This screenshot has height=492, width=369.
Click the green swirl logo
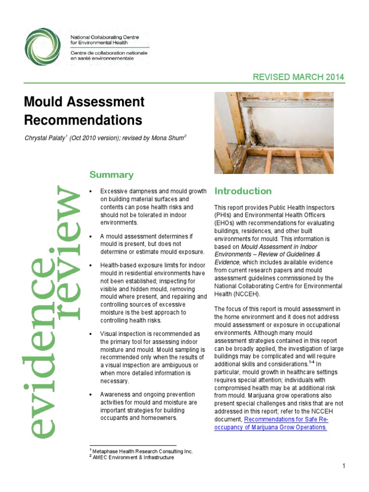44,47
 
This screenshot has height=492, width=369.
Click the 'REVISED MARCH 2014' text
298,77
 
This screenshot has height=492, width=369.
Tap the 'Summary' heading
111,175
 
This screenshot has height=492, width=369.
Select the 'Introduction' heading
243,191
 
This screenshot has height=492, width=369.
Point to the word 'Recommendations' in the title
83,119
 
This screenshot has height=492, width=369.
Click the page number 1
344,466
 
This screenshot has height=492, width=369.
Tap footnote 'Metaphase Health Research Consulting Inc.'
142,452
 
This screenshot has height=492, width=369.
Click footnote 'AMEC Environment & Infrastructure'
133,458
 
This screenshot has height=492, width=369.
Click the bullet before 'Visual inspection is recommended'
91,333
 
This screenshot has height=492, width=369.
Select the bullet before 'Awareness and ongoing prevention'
91,394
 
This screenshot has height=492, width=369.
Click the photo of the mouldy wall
273,133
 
